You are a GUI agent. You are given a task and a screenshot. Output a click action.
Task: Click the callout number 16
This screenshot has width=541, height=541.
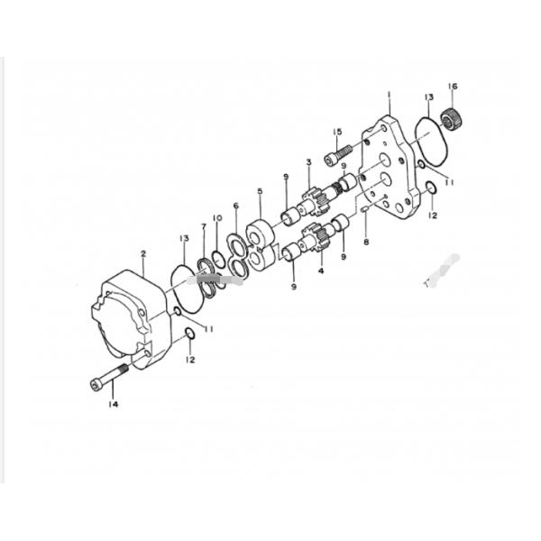[453, 87]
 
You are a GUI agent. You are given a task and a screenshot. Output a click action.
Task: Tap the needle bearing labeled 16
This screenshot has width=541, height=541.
[452, 119]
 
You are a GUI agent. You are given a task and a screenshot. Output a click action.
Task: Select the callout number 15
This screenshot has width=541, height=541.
[337, 132]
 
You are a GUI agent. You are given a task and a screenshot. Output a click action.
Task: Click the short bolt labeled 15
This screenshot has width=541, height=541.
[338, 155]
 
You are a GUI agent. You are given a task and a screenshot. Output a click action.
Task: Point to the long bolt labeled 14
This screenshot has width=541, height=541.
[109, 378]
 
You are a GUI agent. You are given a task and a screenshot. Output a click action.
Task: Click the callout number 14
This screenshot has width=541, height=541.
[114, 404]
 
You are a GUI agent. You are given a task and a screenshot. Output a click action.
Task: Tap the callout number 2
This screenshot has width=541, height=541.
[143, 253]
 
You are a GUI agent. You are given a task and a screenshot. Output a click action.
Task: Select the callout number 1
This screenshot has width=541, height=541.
[389, 94]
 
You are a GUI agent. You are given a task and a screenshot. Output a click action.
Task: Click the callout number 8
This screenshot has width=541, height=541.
[366, 242]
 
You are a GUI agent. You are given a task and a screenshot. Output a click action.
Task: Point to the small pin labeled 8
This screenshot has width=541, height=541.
[365, 210]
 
